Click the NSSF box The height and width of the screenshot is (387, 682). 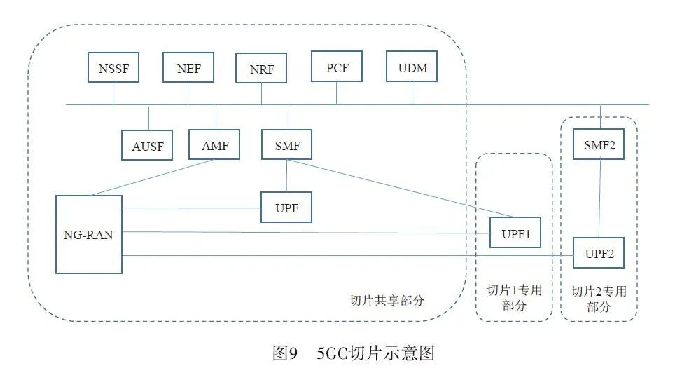tap(113, 68)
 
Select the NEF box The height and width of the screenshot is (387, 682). tap(188, 68)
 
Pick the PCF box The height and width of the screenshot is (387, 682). tap(337, 67)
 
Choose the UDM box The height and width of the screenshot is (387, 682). tap(412, 67)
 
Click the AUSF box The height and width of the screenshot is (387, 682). tap(147, 146)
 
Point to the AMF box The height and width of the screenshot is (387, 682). tap(214, 144)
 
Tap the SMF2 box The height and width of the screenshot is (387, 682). tap(598, 144)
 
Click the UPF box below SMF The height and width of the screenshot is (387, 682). tap(286, 208)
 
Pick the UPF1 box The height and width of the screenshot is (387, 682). tap(515, 232)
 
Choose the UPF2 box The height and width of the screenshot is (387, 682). tap(598, 252)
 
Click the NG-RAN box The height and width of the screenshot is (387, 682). tap(88, 235)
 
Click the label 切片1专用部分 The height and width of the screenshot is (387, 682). tap(514, 297)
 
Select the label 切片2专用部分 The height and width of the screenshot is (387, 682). tap(599, 299)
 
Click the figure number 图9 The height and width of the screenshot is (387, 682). tap(285, 353)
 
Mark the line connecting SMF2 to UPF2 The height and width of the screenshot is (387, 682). tap(599, 198)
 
